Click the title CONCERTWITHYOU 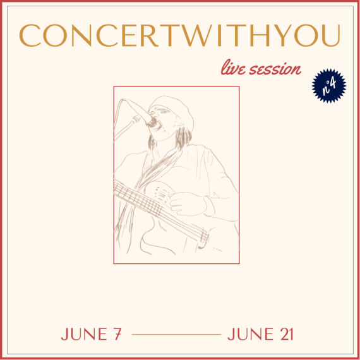(x=179, y=35)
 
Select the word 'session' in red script (x=275, y=69)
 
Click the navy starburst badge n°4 (x=329, y=86)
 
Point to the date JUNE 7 (x=91, y=334)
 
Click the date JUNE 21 (x=261, y=334)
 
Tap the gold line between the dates (x=176, y=335)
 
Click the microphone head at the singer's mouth (x=152, y=123)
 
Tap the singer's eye (x=164, y=112)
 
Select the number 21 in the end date (x=287, y=334)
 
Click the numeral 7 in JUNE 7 (x=117, y=334)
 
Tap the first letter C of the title (x=30, y=35)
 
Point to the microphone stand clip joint (x=136, y=119)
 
